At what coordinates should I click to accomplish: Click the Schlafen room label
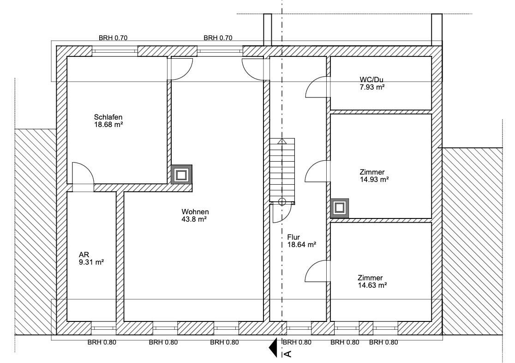[x=108, y=121]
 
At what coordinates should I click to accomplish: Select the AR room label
[x=91, y=259]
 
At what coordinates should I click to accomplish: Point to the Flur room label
[x=301, y=241]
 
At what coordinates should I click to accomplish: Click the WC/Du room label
[x=372, y=83]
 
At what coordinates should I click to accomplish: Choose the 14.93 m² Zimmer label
[x=374, y=175]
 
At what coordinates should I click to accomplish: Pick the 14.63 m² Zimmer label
[x=372, y=281]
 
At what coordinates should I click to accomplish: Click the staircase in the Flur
[x=282, y=170]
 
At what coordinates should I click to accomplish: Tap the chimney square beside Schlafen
[x=181, y=175]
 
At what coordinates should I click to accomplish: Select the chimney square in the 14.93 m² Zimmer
[x=339, y=208]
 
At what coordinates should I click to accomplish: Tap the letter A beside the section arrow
[x=287, y=353]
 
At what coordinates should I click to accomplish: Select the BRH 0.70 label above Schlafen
[x=113, y=38]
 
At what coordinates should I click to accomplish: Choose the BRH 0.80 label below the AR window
[x=102, y=342]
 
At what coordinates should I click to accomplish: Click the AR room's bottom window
[x=104, y=328]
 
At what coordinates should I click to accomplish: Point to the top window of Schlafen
[x=114, y=51]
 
